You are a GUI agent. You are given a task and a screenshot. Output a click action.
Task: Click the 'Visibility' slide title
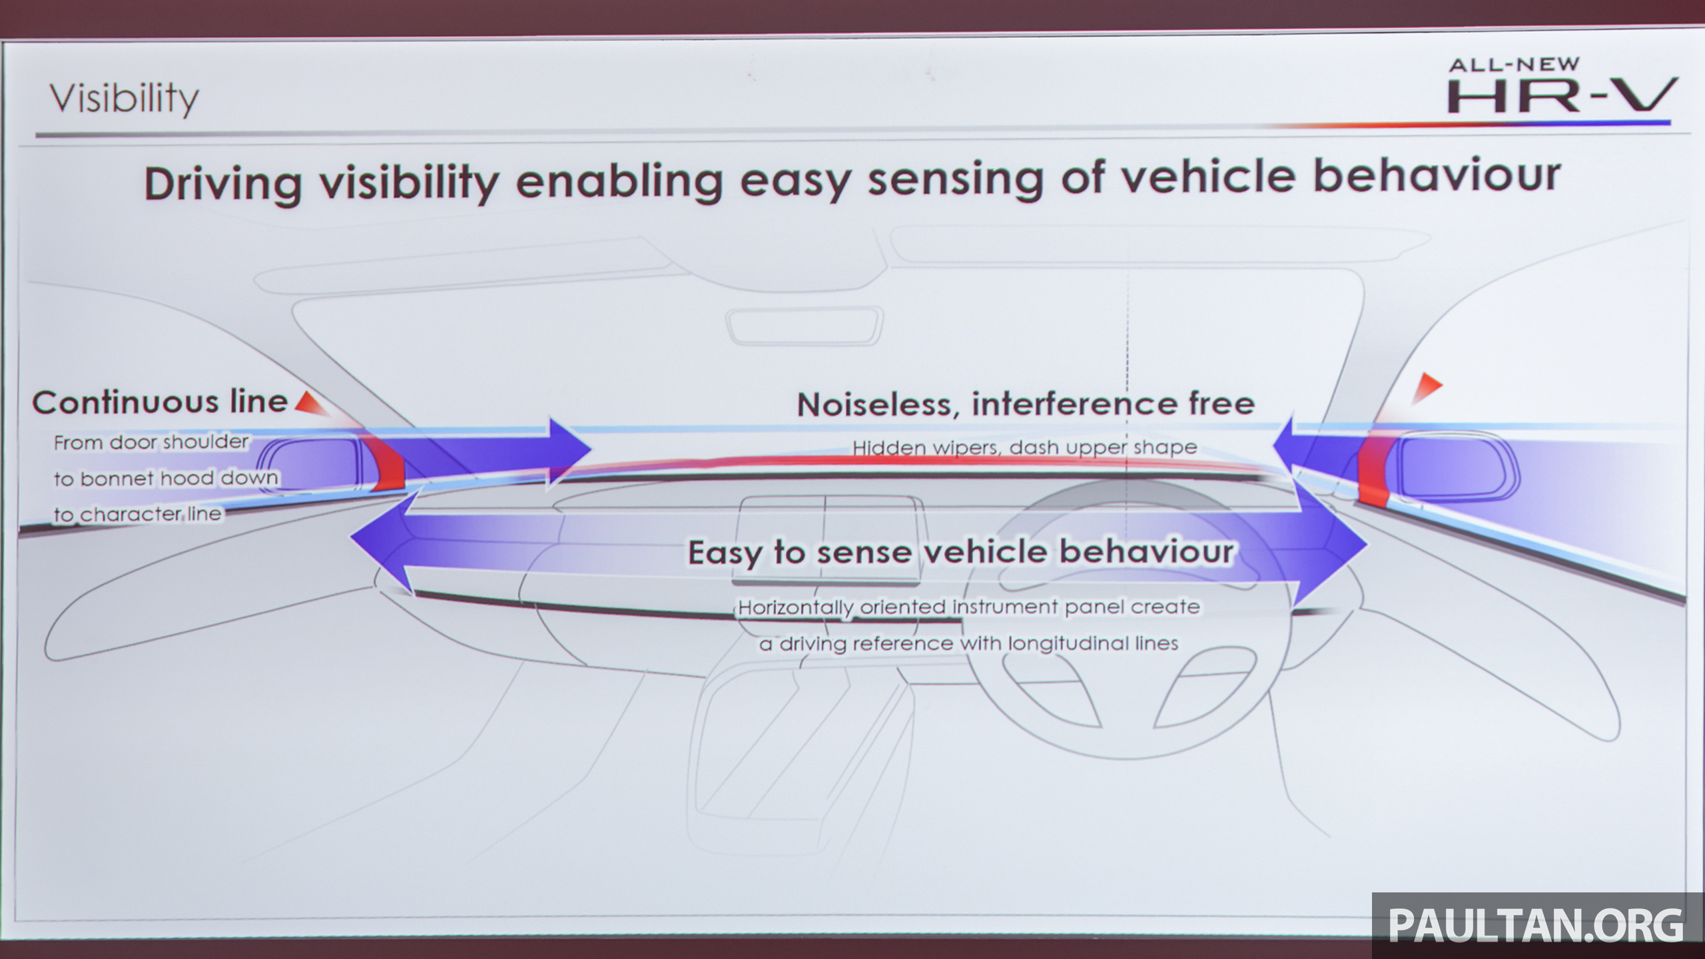point(125,99)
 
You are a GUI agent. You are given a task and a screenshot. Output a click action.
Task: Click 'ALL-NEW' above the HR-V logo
point(1514,65)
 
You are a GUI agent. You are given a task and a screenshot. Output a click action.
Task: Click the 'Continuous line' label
point(160,402)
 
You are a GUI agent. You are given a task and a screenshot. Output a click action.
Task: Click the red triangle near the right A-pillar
point(1425,388)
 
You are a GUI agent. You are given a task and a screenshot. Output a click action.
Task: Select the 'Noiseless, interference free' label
point(1026,404)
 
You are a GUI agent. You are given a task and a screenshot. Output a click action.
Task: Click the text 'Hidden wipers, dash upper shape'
point(1025,448)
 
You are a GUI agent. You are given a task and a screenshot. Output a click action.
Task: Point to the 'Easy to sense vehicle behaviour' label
point(960,553)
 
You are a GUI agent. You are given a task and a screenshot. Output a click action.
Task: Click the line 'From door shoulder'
point(151,442)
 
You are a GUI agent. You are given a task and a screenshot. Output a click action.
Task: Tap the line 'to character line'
point(137,514)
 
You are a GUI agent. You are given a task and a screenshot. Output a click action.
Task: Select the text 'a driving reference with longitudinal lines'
point(969,644)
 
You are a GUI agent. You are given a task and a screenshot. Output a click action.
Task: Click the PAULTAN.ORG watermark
point(1536,925)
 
